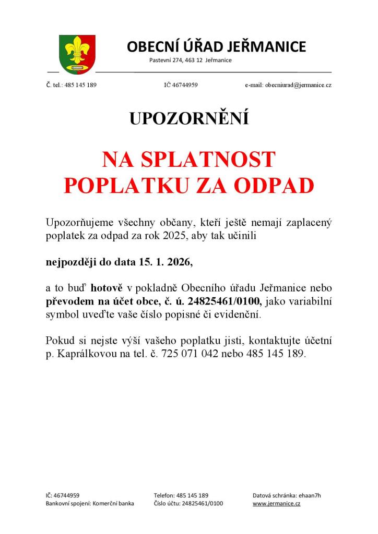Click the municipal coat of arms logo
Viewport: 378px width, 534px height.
(x=77, y=53)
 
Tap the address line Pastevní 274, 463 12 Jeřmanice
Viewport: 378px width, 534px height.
(x=190, y=60)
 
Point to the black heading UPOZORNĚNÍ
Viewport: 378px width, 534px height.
(x=189, y=119)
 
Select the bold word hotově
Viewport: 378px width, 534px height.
(x=108, y=287)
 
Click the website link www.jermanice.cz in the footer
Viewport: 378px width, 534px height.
(x=276, y=503)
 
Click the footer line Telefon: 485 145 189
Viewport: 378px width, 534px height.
(x=181, y=495)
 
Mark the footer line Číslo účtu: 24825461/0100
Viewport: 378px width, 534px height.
(x=188, y=503)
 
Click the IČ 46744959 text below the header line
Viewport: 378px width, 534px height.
(x=181, y=84)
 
